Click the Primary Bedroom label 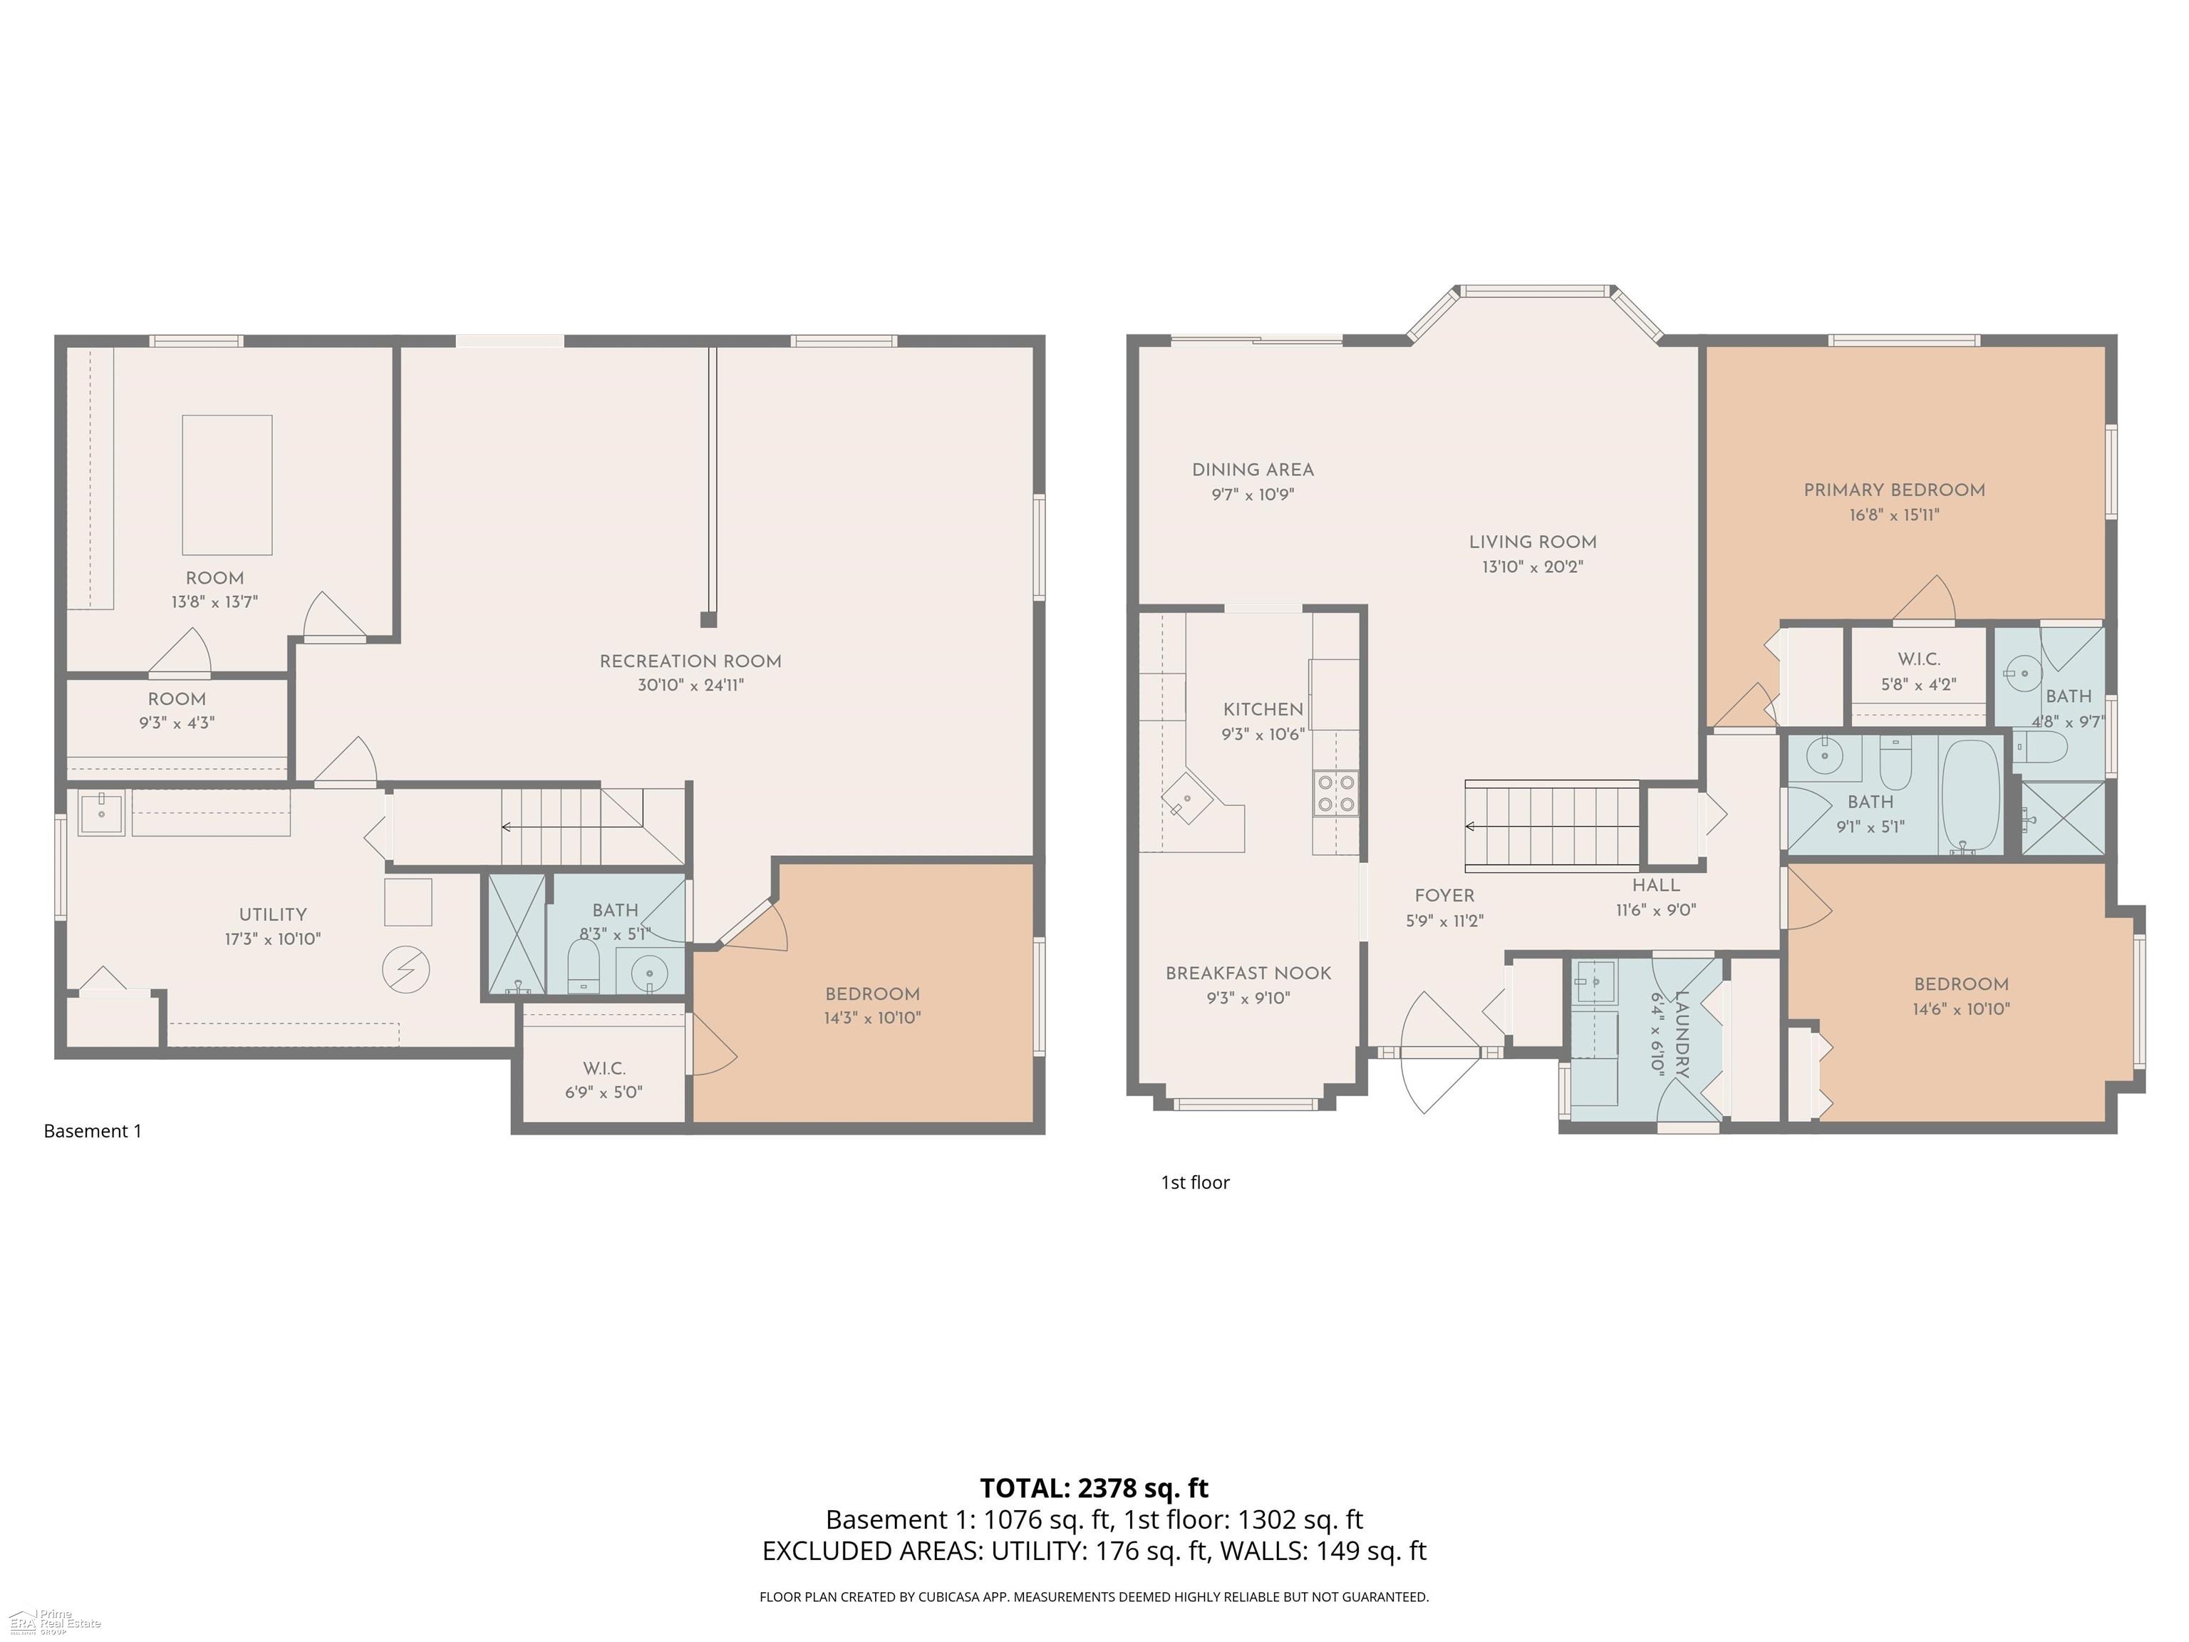1894,490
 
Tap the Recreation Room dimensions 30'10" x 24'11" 690,685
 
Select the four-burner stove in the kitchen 1335,792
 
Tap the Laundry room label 1682,1034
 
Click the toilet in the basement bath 583,966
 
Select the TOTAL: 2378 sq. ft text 1094,1487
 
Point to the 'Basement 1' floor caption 93,1130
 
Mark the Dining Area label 1253,470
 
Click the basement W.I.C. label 604,1069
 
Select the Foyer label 1445,896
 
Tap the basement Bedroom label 873,995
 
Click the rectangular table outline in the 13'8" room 227,485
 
